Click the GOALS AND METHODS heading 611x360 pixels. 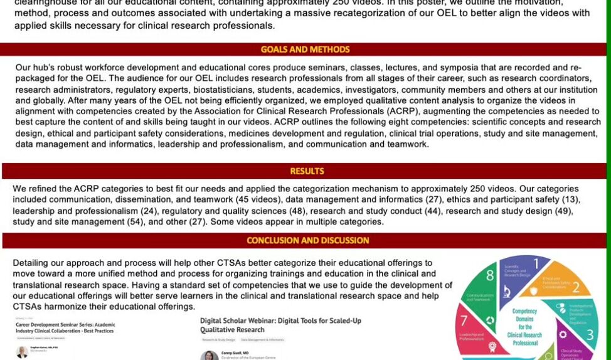coord(305,50)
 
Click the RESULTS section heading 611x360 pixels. coord(307,171)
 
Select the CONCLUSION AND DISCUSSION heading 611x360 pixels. coord(307,240)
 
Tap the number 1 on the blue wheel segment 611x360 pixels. coord(536,264)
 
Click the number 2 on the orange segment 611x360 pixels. coord(576,290)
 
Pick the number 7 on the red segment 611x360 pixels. coord(464,320)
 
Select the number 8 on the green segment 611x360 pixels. coord(490,275)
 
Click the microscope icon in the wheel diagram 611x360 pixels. coord(506,290)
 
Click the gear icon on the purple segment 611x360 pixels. coord(563,334)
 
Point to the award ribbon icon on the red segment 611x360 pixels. coord(490,320)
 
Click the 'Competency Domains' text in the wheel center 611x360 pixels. coord(524,315)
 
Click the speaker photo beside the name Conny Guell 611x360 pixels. coord(209,356)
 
